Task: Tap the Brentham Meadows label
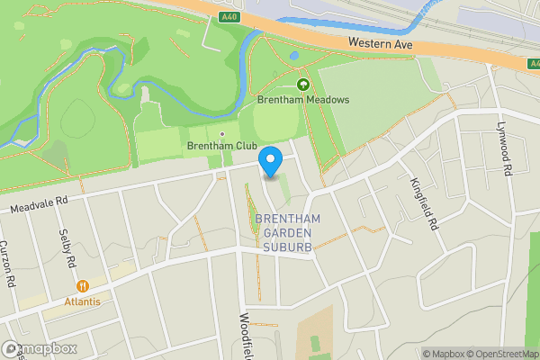[x=302, y=101]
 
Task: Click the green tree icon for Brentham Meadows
[x=302, y=85]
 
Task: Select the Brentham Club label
[x=221, y=146]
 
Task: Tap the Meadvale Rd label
[x=39, y=206]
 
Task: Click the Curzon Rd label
[x=7, y=263]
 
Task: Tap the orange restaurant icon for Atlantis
[x=83, y=286]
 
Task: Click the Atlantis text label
[x=82, y=301]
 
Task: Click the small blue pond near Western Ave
[x=294, y=56]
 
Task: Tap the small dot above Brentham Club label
[x=221, y=134]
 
